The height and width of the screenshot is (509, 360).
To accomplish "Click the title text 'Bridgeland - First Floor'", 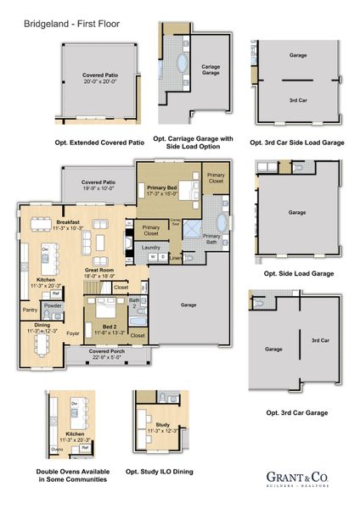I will (53, 12).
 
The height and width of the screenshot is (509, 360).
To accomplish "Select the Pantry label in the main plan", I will (30, 310).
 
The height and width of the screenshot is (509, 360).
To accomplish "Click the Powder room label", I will (53, 305).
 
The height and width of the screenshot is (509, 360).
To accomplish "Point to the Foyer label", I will (74, 333).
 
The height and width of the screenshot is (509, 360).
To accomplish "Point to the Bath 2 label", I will (134, 302).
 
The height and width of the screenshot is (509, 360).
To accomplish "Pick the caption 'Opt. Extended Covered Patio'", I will (99, 143).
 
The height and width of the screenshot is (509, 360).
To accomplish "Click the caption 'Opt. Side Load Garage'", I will (298, 274).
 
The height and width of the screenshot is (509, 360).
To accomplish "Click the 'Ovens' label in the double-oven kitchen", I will (57, 450).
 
